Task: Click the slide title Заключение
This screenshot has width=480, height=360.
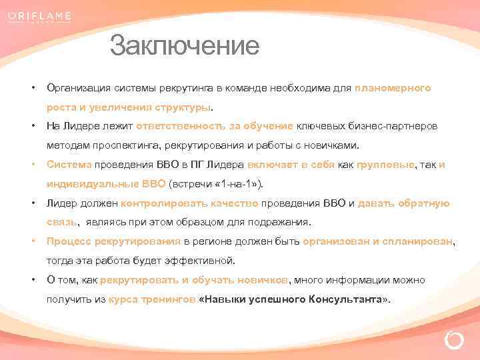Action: [x=184, y=46]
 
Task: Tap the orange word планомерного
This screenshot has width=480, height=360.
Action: [x=393, y=88]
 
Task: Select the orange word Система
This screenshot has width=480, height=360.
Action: [x=69, y=165]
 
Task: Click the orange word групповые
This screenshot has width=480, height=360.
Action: [x=385, y=165]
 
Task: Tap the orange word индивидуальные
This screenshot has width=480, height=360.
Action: [x=93, y=183]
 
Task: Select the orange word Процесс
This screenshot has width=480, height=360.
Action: [x=69, y=241]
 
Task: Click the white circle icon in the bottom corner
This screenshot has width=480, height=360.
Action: [x=453, y=341]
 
